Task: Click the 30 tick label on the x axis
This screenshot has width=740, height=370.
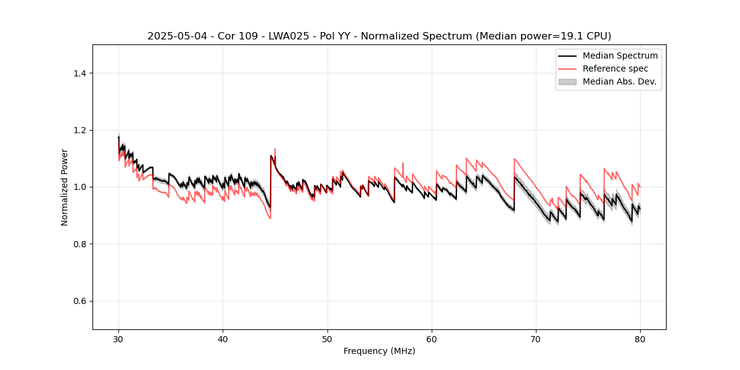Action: coord(118,339)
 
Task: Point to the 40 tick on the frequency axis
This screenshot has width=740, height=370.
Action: coord(223,339)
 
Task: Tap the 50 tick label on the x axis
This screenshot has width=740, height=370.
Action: coord(327,339)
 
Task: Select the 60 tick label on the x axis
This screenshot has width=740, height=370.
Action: coord(432,339)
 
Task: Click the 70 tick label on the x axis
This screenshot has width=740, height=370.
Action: coord(536,339)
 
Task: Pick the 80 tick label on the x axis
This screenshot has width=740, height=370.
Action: coord(640,339)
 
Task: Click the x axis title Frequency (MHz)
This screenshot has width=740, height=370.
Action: coord(379,351)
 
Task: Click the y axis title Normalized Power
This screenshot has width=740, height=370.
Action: coord(65,187)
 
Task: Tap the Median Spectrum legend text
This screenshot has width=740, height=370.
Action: coord(620,55)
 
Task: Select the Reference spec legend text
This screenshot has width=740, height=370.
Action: coord(615,68)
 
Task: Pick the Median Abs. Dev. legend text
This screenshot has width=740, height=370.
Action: coord(619,81)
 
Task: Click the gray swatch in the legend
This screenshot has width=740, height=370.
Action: coord(567,81)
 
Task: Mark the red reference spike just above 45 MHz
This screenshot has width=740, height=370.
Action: coord(275,150)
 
